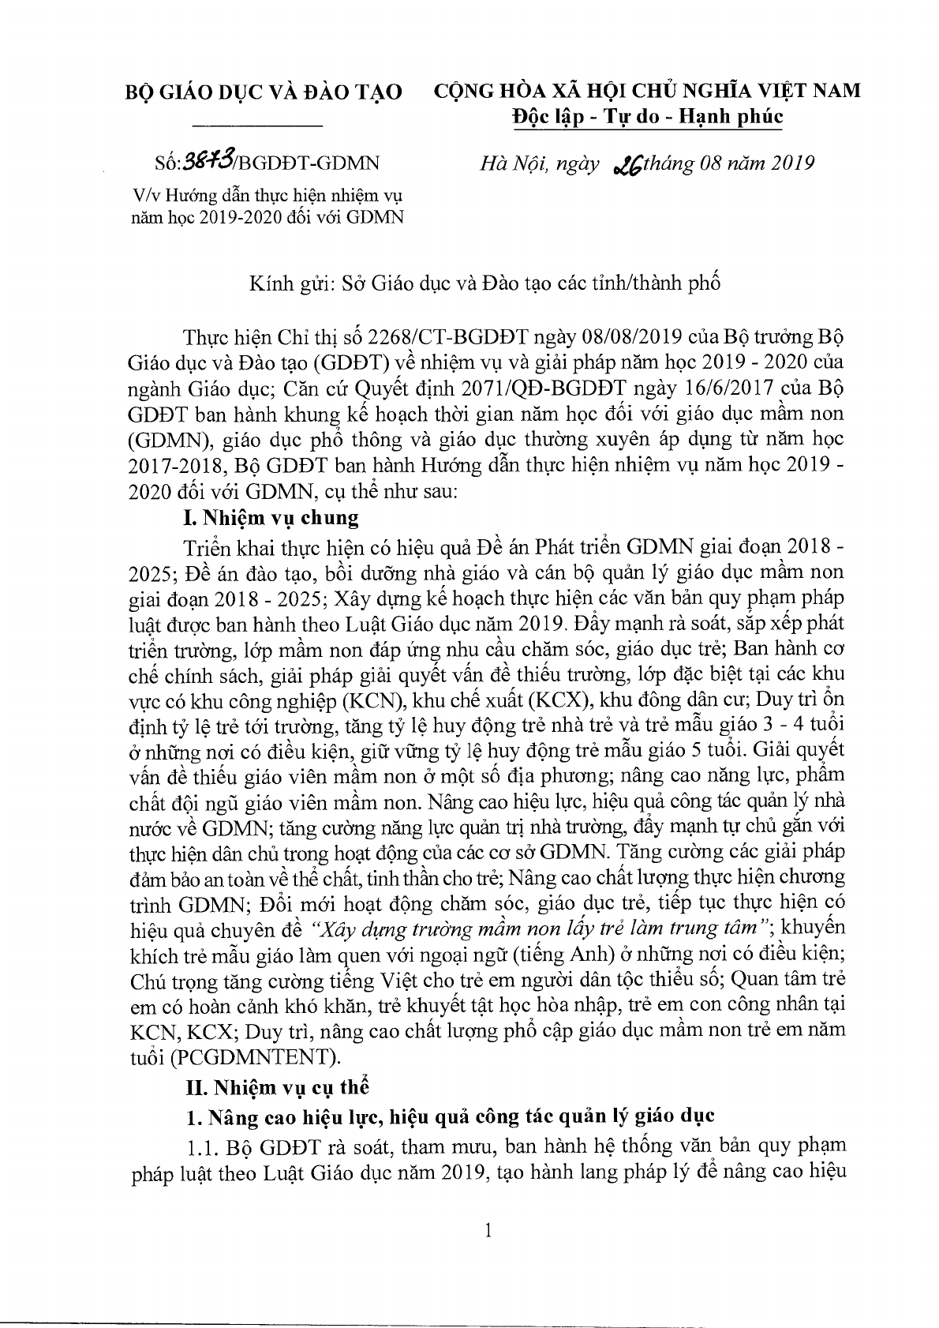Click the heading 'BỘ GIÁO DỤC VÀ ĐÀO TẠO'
265,92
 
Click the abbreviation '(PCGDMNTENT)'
249,1056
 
